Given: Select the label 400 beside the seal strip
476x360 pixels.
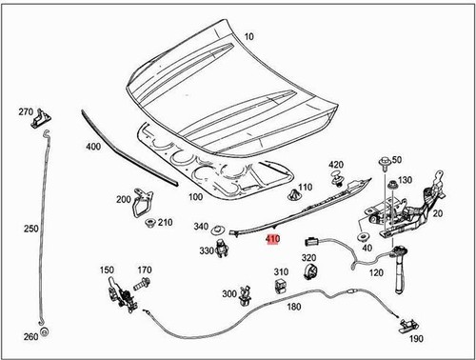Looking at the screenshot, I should pos(92,148).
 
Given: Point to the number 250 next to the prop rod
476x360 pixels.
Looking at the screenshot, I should pos(31,230).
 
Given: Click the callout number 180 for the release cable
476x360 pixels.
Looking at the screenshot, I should pos(292,307).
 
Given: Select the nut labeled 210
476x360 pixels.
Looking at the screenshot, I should pos(151,225).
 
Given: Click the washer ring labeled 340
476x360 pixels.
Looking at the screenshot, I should pos(218,230).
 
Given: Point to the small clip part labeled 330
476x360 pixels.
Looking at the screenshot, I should pos(225,249).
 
